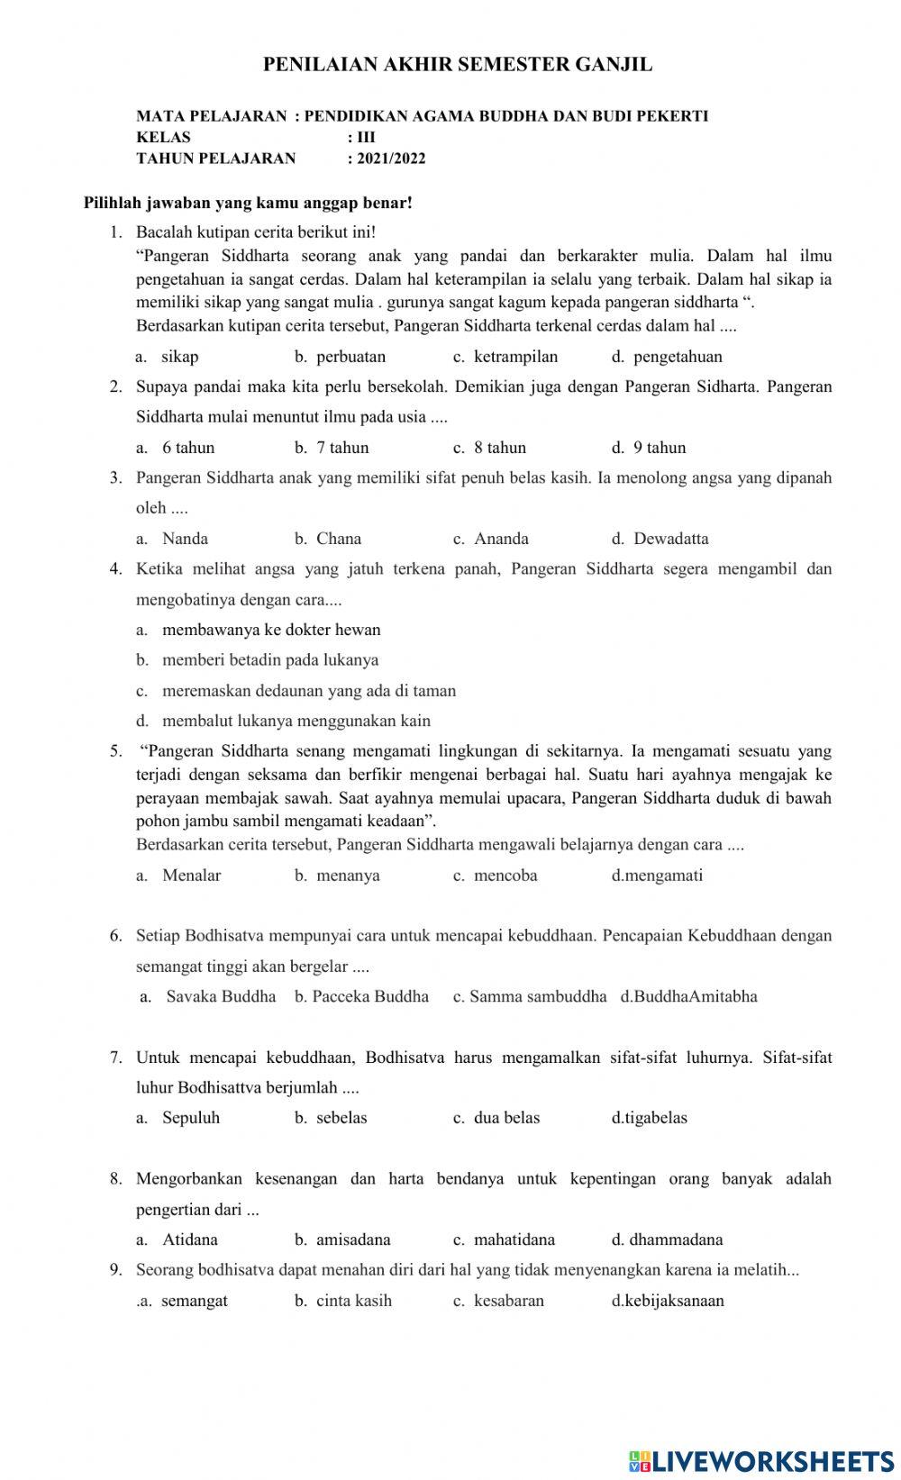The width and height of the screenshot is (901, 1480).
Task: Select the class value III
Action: click(x=366, y=137)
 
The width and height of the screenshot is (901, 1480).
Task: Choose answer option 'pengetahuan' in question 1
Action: click(x=677, y=357)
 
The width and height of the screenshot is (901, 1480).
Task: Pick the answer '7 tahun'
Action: click(x=341, y=448)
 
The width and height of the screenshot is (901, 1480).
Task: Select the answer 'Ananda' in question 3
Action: click(x=501, y=539)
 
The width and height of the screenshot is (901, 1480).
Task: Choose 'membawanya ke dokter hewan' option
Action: click(x=271, y=630)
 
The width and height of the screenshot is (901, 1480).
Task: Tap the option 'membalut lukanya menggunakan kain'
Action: click(x=296, y=721)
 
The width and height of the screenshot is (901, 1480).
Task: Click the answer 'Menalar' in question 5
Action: click(x=191, y=875)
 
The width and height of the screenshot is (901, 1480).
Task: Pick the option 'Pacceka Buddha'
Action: click(x=370, y=996)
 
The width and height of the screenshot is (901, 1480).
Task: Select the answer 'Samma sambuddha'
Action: click(x=538, y=996)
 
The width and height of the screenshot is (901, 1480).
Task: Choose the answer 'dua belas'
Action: click(x=506, y=1118)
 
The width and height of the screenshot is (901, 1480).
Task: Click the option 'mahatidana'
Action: click(x=514, y=1239)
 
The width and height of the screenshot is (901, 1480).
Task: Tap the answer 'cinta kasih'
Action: click(x=353, y=1301)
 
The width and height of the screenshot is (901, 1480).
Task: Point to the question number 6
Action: click(x=115, y=936)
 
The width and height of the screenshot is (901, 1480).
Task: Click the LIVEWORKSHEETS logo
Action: click(x=760, y=1460)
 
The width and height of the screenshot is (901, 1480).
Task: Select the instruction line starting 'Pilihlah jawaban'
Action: click(x=248, y=203)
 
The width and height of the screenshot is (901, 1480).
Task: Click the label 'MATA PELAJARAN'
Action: click(x=211, y=115)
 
